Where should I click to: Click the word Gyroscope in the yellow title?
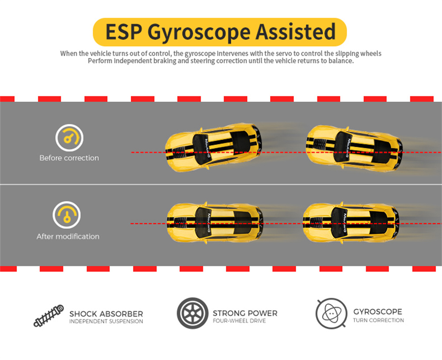click(201, 33)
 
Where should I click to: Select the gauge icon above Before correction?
click(69, 138)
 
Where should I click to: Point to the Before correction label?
click(69, 158)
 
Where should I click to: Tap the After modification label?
click(68, 236)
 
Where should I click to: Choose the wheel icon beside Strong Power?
click(192, 313)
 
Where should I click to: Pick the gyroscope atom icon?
click(331, 314)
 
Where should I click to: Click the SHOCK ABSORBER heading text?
click(106, 314)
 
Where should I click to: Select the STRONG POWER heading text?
click(245, 313)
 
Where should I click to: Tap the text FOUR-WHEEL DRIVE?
click(239, 321)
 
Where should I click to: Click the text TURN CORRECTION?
click(378, 320)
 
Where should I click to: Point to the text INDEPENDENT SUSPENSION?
click(106, 322)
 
